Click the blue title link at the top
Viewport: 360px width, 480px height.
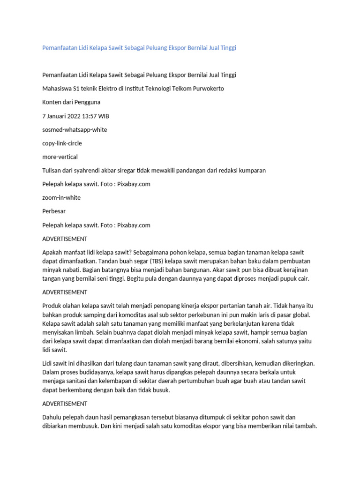[x=139, y=48]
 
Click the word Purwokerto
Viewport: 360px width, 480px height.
[x=206, y=89]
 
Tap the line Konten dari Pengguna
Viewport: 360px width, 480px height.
[x=71, y=102]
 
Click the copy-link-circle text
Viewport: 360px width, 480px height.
[x=62, y=143]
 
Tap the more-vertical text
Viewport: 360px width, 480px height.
[x=60, y=157]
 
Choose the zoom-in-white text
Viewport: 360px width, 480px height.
[x=61, y=197]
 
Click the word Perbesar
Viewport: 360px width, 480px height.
[x=54, y=211]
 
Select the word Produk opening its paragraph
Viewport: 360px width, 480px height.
[x=52, y=306]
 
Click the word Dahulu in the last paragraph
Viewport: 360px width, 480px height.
[x=53, y=417]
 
